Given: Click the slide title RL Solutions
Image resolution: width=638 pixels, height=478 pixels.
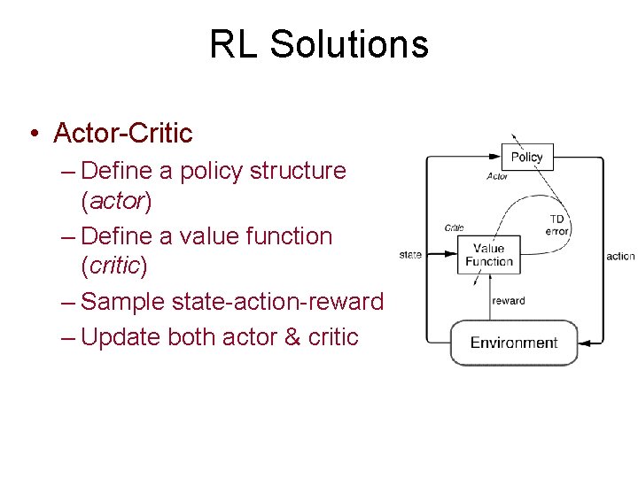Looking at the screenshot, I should click(x=319, y=44).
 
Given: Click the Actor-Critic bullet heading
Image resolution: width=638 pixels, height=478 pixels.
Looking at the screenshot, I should click(x=122, y=133).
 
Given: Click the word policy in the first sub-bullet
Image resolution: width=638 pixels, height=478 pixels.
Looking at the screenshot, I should click(x=212, y=170).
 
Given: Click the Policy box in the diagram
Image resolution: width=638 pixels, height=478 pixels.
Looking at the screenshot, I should click(x=526, y=157).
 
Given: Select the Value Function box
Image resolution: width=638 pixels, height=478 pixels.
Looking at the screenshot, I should click(x=488, y=254).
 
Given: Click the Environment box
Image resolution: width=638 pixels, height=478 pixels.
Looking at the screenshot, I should click(x=514, y=343).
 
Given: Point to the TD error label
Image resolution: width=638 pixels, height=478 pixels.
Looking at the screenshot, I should click(x=556, y=225).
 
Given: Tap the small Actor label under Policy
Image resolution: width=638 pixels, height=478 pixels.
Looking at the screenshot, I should click(x=497, y=176).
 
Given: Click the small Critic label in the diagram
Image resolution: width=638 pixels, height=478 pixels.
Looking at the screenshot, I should click(x=454, y=227).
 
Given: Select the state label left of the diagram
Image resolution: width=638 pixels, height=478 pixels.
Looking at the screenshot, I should click(x=410, y=255).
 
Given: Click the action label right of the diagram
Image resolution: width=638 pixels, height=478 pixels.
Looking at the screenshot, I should click(x=620, y=256).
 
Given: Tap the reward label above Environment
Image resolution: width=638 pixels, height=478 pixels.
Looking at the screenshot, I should click(x=509, y=301).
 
